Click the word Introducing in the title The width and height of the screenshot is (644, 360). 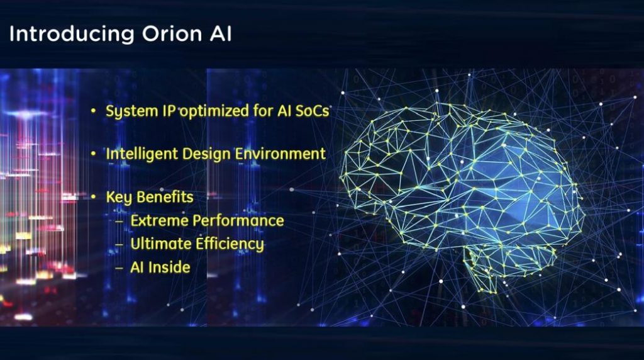coord(72,35)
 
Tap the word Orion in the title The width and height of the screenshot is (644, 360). coord(172,34)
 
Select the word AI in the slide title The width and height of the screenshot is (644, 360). coord(221,34)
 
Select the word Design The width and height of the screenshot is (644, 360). coord(206,154)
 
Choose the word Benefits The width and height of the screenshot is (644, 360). coord(165,197)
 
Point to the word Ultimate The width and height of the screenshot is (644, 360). coord(160,244)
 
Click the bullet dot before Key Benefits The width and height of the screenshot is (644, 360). coord(94,197)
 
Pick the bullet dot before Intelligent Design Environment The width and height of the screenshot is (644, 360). coord(94,154)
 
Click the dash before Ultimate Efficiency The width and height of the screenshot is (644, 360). coord(119,245)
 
